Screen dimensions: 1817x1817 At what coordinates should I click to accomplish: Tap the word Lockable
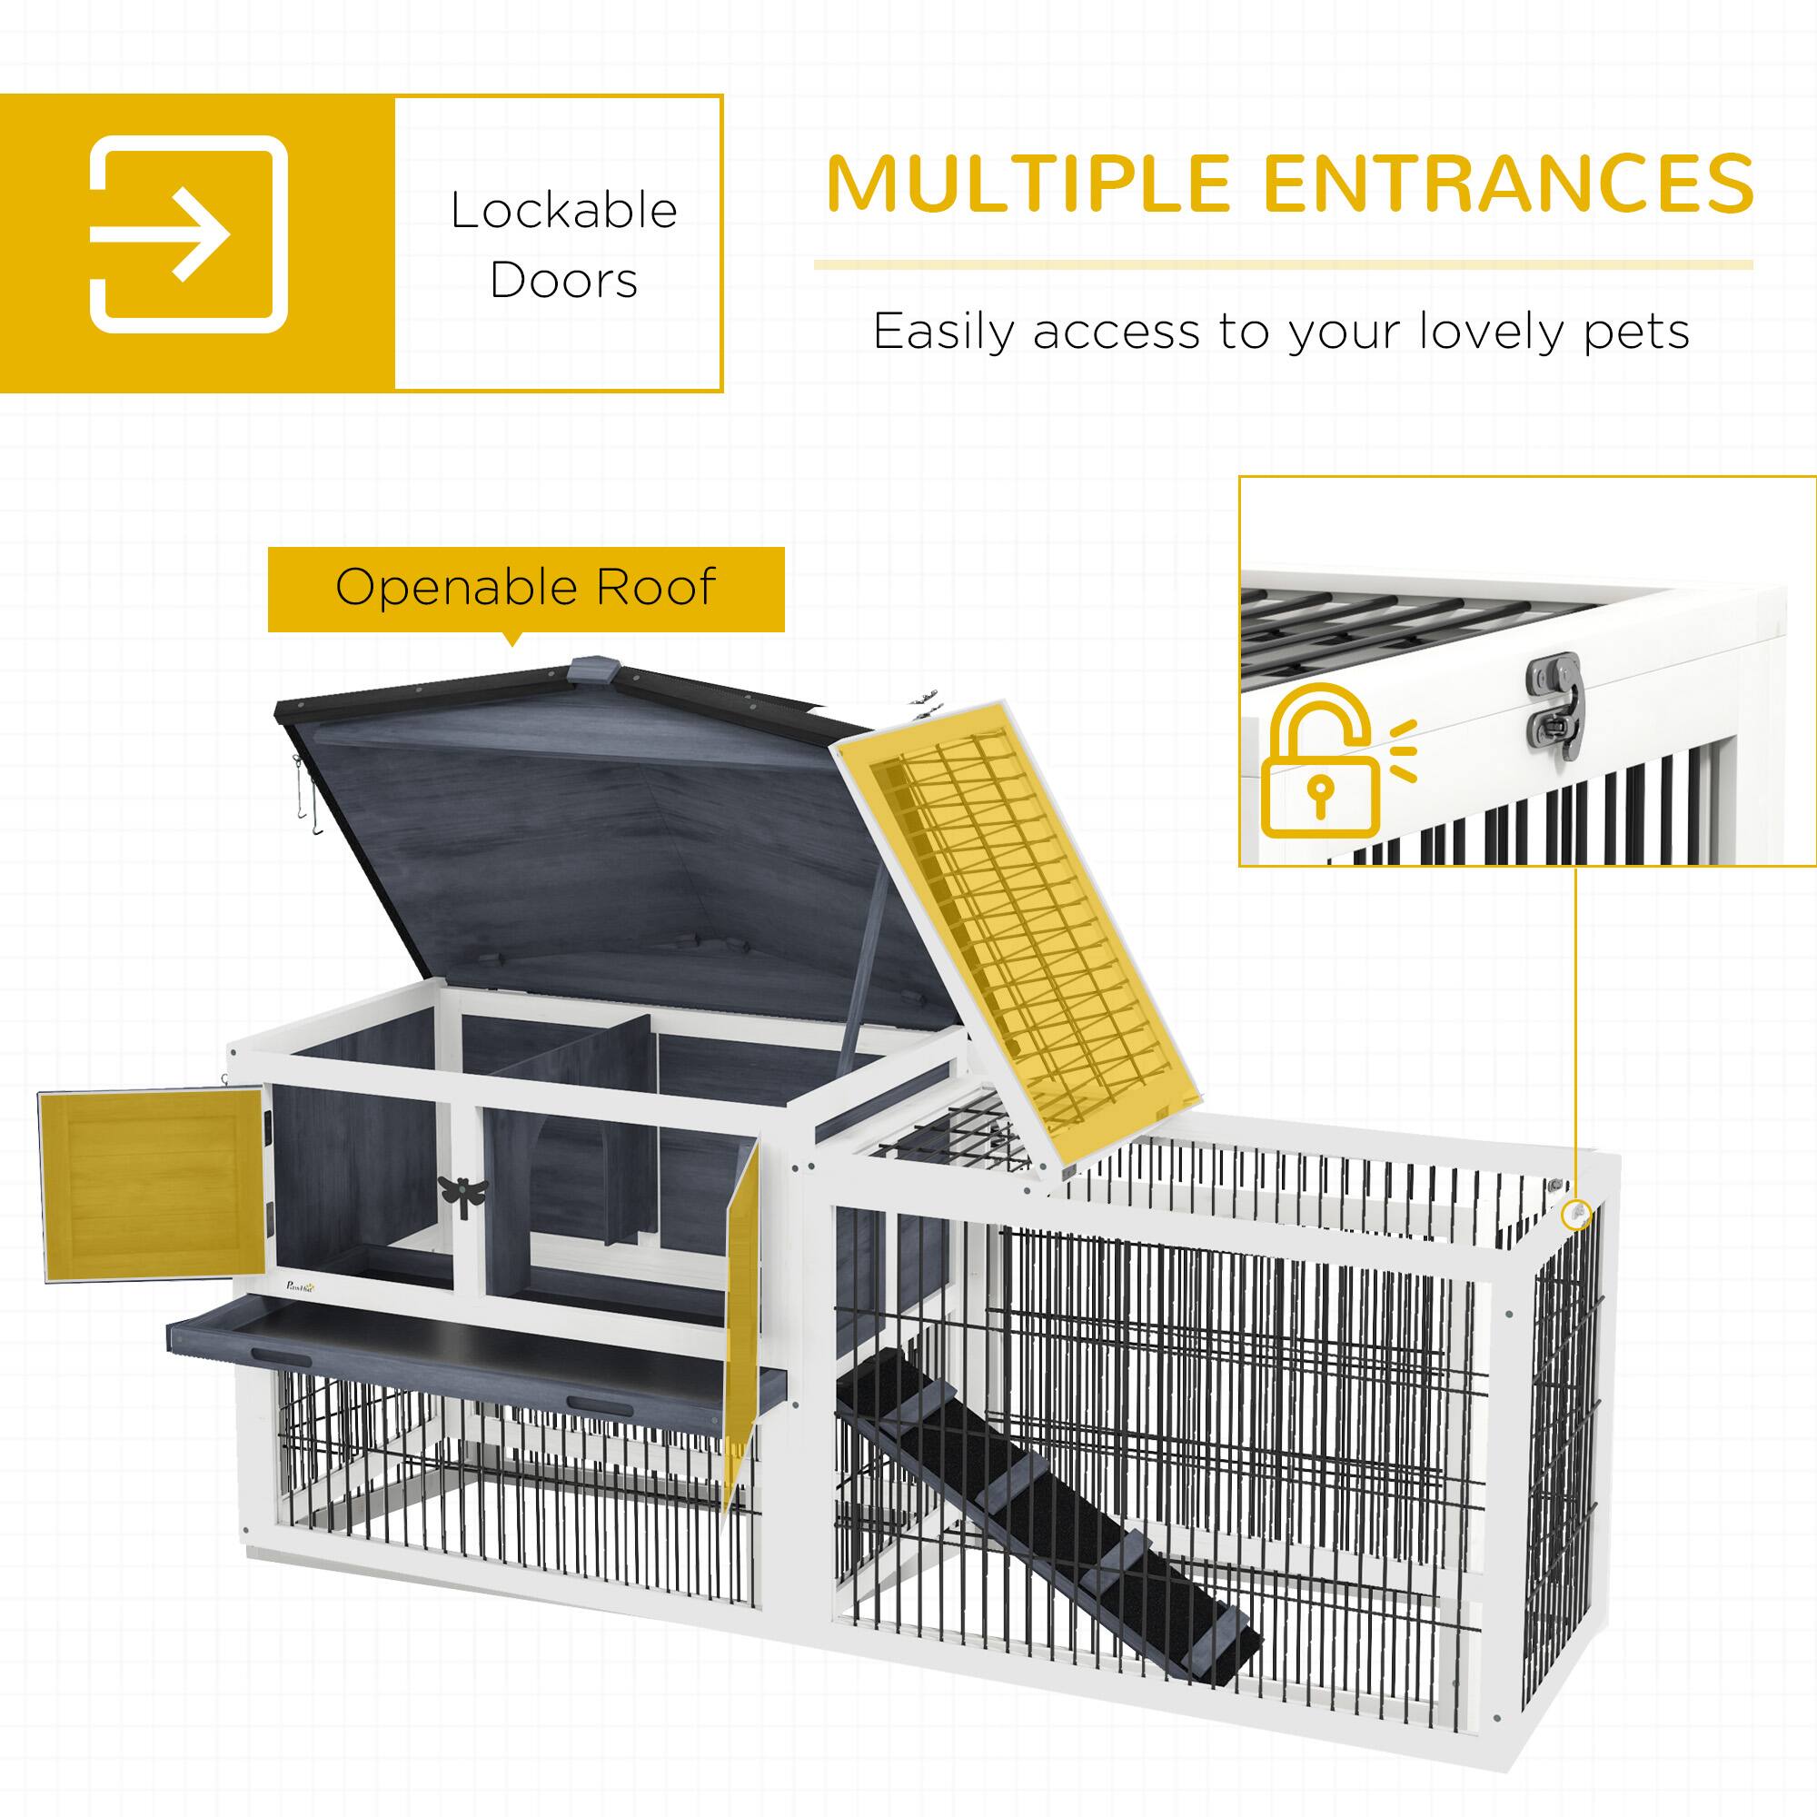[x=563, y=211]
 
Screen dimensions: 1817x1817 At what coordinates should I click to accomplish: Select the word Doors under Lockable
[x=563, y=280]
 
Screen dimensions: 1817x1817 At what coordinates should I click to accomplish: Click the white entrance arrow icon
[x=187, y=234]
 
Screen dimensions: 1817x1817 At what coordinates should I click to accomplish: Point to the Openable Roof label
[x=526, y=588]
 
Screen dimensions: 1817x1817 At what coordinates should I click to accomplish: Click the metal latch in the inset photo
[x=1552, y=697]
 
